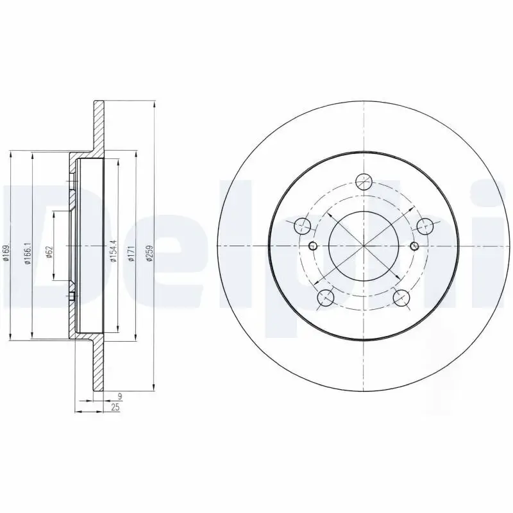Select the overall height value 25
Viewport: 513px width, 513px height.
click(115, 408)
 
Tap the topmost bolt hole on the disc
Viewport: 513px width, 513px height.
click(364, 181)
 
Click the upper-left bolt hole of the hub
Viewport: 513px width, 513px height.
click(302, 226)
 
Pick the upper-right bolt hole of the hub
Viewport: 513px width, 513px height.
click(425, 226)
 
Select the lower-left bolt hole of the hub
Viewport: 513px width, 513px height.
click(326, 298)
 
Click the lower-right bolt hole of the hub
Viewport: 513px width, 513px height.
click(401, 298)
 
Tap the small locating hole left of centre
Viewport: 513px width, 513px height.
click(313, 246)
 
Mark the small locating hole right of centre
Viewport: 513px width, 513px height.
click(414, 246)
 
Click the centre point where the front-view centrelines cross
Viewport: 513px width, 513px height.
click(364, 246)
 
